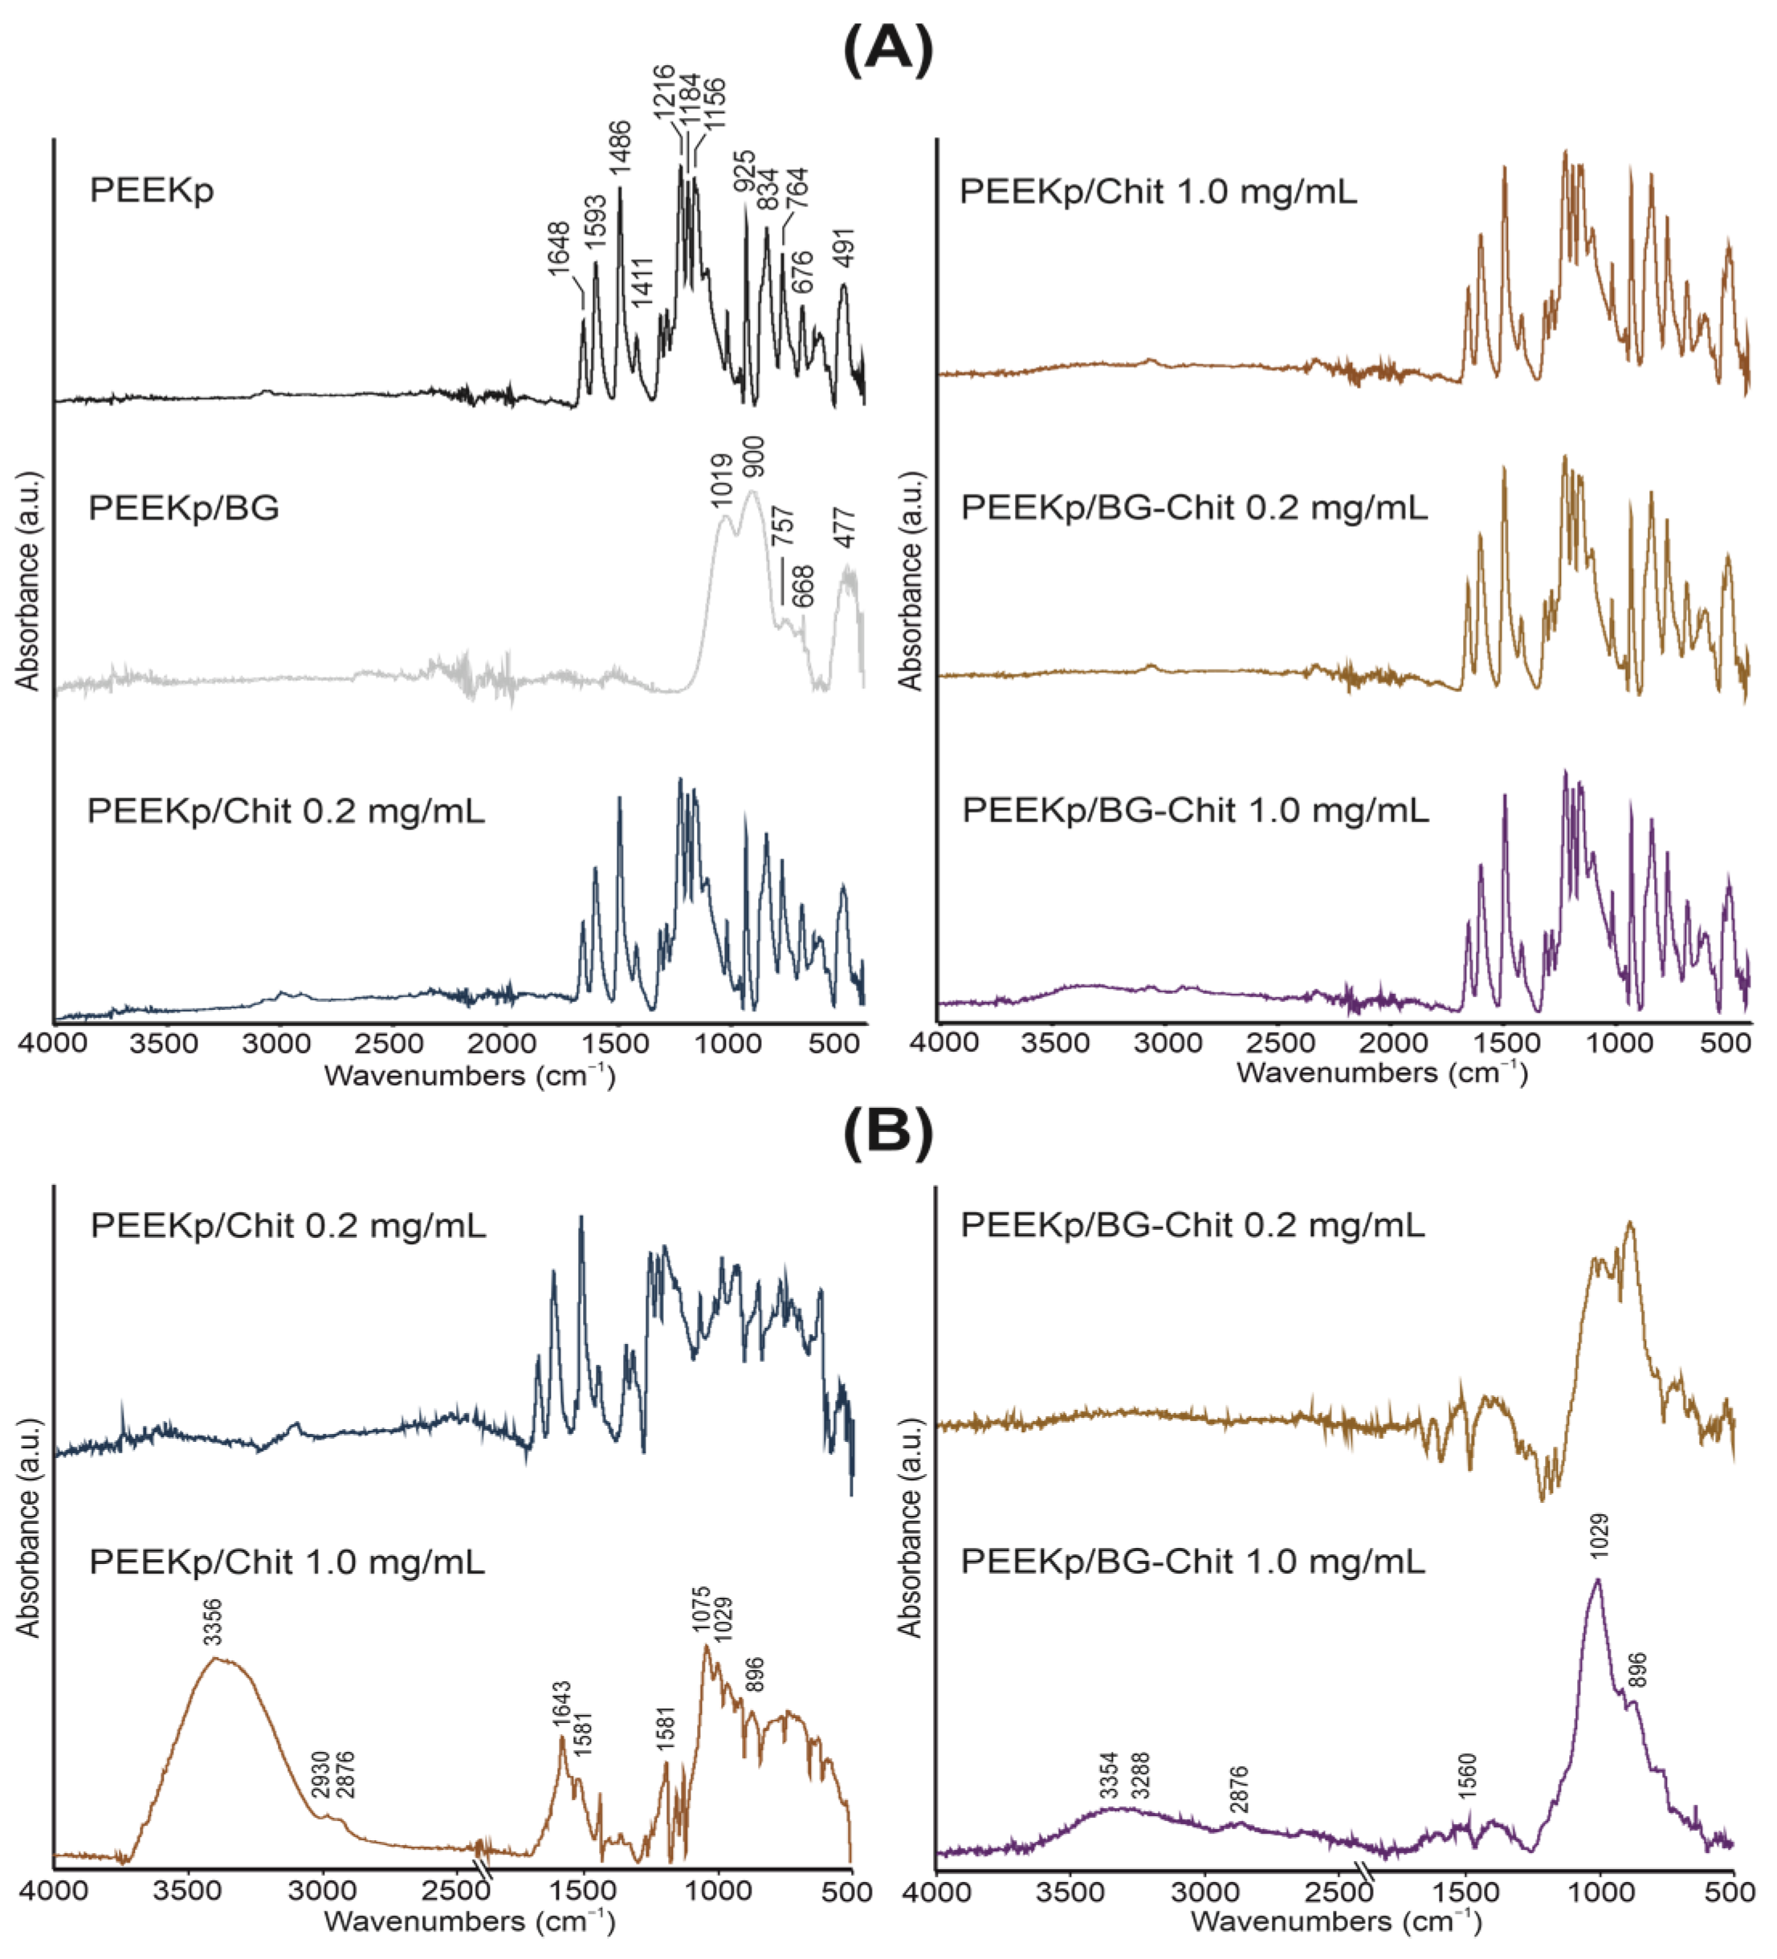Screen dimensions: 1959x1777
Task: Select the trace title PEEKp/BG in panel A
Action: (x=184, y=508)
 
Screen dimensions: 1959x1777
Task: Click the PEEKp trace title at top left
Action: (x=152, y=189)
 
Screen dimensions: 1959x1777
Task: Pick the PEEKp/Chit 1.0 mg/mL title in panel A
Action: (x=1158, y=191)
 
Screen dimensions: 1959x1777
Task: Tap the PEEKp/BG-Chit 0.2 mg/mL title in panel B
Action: (x=1192, y=1225)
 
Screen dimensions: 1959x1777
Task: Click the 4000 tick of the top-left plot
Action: (x=55, y=1045)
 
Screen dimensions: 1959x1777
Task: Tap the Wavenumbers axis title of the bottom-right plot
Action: (x=1335, y=1921)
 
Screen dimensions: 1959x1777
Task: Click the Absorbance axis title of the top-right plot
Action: (x=910, y=581)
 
